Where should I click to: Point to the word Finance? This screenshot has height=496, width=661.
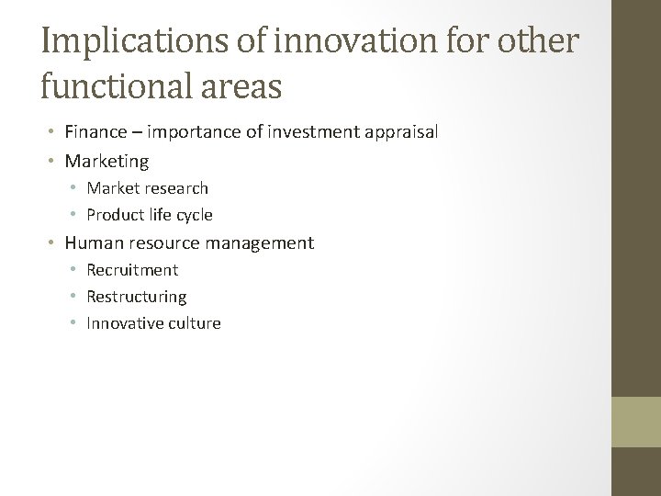[94, 133]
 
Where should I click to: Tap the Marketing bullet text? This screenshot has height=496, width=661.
[106, 162]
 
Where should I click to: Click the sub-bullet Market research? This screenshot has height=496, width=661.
[147, 188]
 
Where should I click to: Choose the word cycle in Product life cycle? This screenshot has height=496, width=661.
[195, 215]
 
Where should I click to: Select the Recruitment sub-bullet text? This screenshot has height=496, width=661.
[132, 270]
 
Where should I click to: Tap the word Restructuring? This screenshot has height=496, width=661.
[136, 297]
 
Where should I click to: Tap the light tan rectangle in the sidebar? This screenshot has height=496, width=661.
[636, 422]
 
